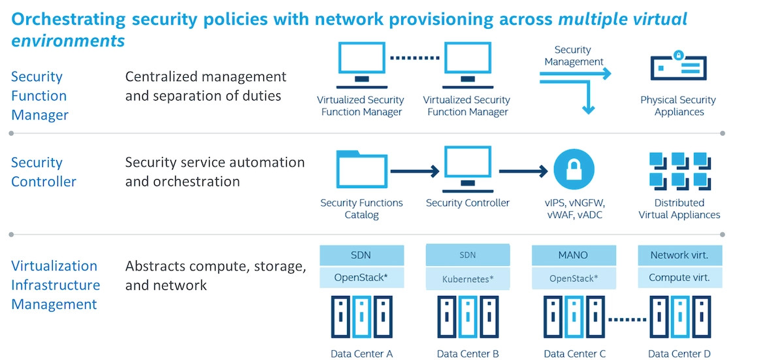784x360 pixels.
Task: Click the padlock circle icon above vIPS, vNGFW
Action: [575, 169]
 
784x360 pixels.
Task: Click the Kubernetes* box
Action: [468, 278]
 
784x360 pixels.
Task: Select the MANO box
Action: [574, 255]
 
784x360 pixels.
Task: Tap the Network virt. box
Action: [679, 255]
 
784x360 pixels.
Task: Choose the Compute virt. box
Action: [679, 278]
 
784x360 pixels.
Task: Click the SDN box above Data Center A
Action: [361, 255]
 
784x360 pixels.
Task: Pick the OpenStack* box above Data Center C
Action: [574, 278]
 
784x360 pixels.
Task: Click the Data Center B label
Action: [468, 353]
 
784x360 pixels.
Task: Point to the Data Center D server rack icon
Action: [679, 318]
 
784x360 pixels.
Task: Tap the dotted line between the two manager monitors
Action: [414, 57]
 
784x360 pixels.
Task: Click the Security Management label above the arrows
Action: [573, 56]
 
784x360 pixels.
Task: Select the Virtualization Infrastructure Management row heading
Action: [55, 285]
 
